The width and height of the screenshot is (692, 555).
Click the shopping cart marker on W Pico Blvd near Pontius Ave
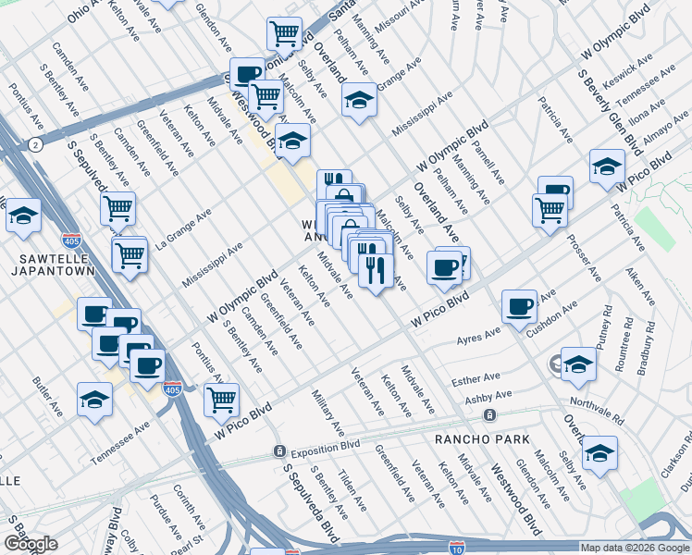click(221, 400)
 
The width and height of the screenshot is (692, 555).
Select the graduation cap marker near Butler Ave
click(94, 399)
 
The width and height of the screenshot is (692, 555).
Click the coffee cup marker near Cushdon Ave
click(519, 305)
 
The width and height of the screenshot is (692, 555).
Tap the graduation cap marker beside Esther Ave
click(578, 364)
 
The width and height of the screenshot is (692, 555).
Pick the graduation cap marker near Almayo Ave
click(606, 166)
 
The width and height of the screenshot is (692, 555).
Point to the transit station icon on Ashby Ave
click(489, 414)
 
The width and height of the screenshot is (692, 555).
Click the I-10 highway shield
click(455, 548)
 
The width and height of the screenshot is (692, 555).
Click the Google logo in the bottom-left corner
click(31, 544)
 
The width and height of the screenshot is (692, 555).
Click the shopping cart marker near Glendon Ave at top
click(285, 33)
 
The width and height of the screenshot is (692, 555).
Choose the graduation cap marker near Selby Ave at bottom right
click(599, 452)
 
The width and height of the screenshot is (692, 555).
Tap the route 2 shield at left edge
click(34, 145)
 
